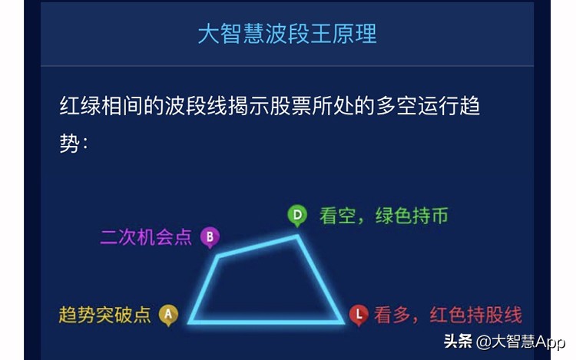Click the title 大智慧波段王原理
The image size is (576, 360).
[286, 35]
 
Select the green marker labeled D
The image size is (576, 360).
[296, 215]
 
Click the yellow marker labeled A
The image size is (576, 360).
[168, 314]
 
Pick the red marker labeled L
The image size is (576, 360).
[358, 314]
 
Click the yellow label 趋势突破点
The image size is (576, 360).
[105, 315]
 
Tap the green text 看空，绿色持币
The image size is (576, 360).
[383, 216]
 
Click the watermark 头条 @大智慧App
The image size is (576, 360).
[503, 340]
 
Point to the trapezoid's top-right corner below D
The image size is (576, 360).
[299, 236]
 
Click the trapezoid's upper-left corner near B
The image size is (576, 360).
[217, 256]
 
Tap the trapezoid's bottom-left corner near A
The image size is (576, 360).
[190, 322]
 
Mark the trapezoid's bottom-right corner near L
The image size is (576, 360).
[342, 322]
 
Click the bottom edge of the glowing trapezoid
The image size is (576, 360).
[266, 322]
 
